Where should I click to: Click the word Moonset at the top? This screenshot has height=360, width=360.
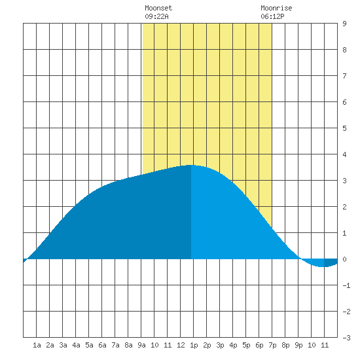(x=158, y=8)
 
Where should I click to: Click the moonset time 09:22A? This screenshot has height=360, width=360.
(x=156, y=16)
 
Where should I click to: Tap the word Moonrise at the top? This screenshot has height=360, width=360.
(x=276, y=8)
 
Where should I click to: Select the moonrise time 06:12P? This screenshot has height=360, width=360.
(x=272, y=16)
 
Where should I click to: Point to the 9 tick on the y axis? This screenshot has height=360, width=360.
(x=344, y=24)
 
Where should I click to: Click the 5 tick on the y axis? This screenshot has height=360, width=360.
(x=344, y=128)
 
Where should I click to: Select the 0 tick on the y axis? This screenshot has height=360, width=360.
(x=344, y=259)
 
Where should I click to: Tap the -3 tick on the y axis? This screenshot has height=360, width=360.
(x=346, y=338)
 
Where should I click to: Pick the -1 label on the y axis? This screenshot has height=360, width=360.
(x=346, y=285)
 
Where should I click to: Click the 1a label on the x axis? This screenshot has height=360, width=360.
(x=37, y=345)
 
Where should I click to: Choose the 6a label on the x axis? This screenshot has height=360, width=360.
(x=102, y=345)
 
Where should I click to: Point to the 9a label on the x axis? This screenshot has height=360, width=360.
(x=141, y=345)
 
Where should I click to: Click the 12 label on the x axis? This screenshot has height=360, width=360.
(x=181, y=345)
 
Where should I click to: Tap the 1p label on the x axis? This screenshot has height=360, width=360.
(x=194, y=345)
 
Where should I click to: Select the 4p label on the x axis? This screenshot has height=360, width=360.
(x=233, y=345)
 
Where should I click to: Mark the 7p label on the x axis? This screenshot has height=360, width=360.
(x=272, y=345)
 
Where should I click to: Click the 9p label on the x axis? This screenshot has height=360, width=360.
(x=298, y=345)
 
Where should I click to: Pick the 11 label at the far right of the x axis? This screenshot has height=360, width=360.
(x=325, y=345)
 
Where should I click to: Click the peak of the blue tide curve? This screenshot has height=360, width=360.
(x=190, y=165)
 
